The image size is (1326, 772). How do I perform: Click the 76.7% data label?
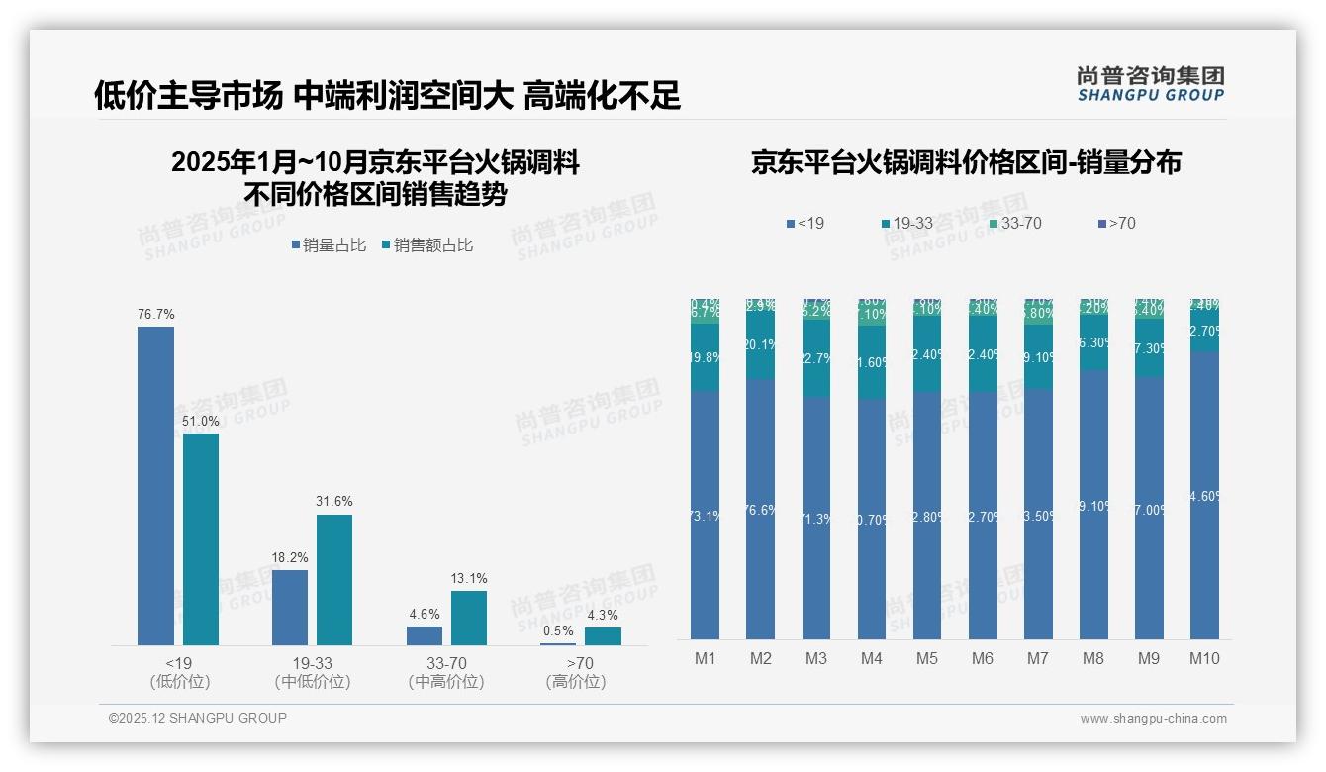tap(155, 315)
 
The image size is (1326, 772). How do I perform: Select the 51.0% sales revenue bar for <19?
tap(201, 539)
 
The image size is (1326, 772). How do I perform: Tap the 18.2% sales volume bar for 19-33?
tap(290, 608)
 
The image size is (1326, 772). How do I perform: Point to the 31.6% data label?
tap(334, 502)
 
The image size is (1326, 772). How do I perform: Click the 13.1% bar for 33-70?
tap(469, 619)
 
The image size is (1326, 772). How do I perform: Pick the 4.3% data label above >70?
tap(603, 615)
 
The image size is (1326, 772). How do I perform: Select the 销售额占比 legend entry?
tap(426, 245)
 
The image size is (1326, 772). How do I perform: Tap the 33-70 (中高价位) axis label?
tap(446, 672)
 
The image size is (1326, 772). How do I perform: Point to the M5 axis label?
tap(926, 659)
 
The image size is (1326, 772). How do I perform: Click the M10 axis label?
tap(1203, 659)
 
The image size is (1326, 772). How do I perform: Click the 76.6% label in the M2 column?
tap(761, 511)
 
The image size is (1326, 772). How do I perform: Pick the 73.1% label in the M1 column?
tap(705, 517)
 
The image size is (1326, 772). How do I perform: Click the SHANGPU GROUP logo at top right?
tap(1151, 84)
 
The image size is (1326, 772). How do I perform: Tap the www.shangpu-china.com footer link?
tap(1153, 719)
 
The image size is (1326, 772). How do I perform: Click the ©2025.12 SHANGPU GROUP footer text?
tap(198, 719)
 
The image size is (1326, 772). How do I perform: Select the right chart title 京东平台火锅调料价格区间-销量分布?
tap(966, 163)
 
